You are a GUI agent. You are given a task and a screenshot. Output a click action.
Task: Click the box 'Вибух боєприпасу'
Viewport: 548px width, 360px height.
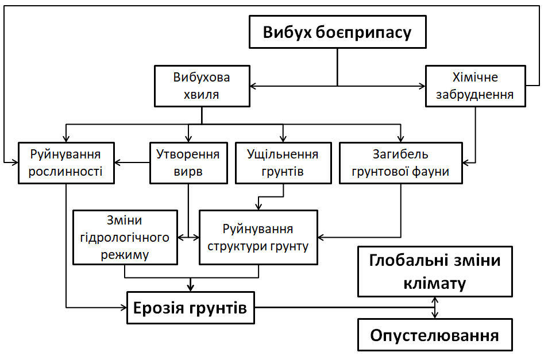(337, 32)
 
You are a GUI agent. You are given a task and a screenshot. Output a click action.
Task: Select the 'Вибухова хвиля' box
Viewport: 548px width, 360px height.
(202, 86)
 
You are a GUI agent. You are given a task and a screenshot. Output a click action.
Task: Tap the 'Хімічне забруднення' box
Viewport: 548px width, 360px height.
(475, 86)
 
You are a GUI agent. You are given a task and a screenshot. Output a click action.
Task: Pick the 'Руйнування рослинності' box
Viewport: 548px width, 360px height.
(65, 162)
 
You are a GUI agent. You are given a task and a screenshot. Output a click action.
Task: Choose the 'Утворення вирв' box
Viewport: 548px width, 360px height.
(188, 162)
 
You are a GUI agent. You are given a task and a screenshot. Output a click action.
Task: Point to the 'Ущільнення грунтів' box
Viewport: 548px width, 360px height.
(283, 162)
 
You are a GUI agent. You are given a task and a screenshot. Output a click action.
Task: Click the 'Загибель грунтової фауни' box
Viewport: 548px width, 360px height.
(401, 162)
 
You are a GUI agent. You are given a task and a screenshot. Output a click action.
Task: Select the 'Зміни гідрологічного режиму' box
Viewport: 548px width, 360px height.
(125, 237)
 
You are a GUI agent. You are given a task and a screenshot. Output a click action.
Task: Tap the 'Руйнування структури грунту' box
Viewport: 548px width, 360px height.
(258, 237)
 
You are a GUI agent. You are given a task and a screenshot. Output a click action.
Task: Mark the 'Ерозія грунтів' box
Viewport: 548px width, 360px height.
(190, 308)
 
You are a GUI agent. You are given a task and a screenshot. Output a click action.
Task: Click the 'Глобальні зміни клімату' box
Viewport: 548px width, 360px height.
(435, 272)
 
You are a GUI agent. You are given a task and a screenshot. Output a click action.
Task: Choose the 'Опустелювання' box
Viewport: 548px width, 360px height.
(435, 335)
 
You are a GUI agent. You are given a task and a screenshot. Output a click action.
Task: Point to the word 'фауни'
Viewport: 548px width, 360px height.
(429, 171)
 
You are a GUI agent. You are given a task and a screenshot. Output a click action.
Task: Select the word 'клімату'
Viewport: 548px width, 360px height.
(435, 282)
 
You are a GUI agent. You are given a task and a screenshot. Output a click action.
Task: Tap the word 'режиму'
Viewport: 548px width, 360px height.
(125, 254)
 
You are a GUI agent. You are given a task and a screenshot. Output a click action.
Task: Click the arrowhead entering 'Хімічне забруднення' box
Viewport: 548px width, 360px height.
(421, 86)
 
